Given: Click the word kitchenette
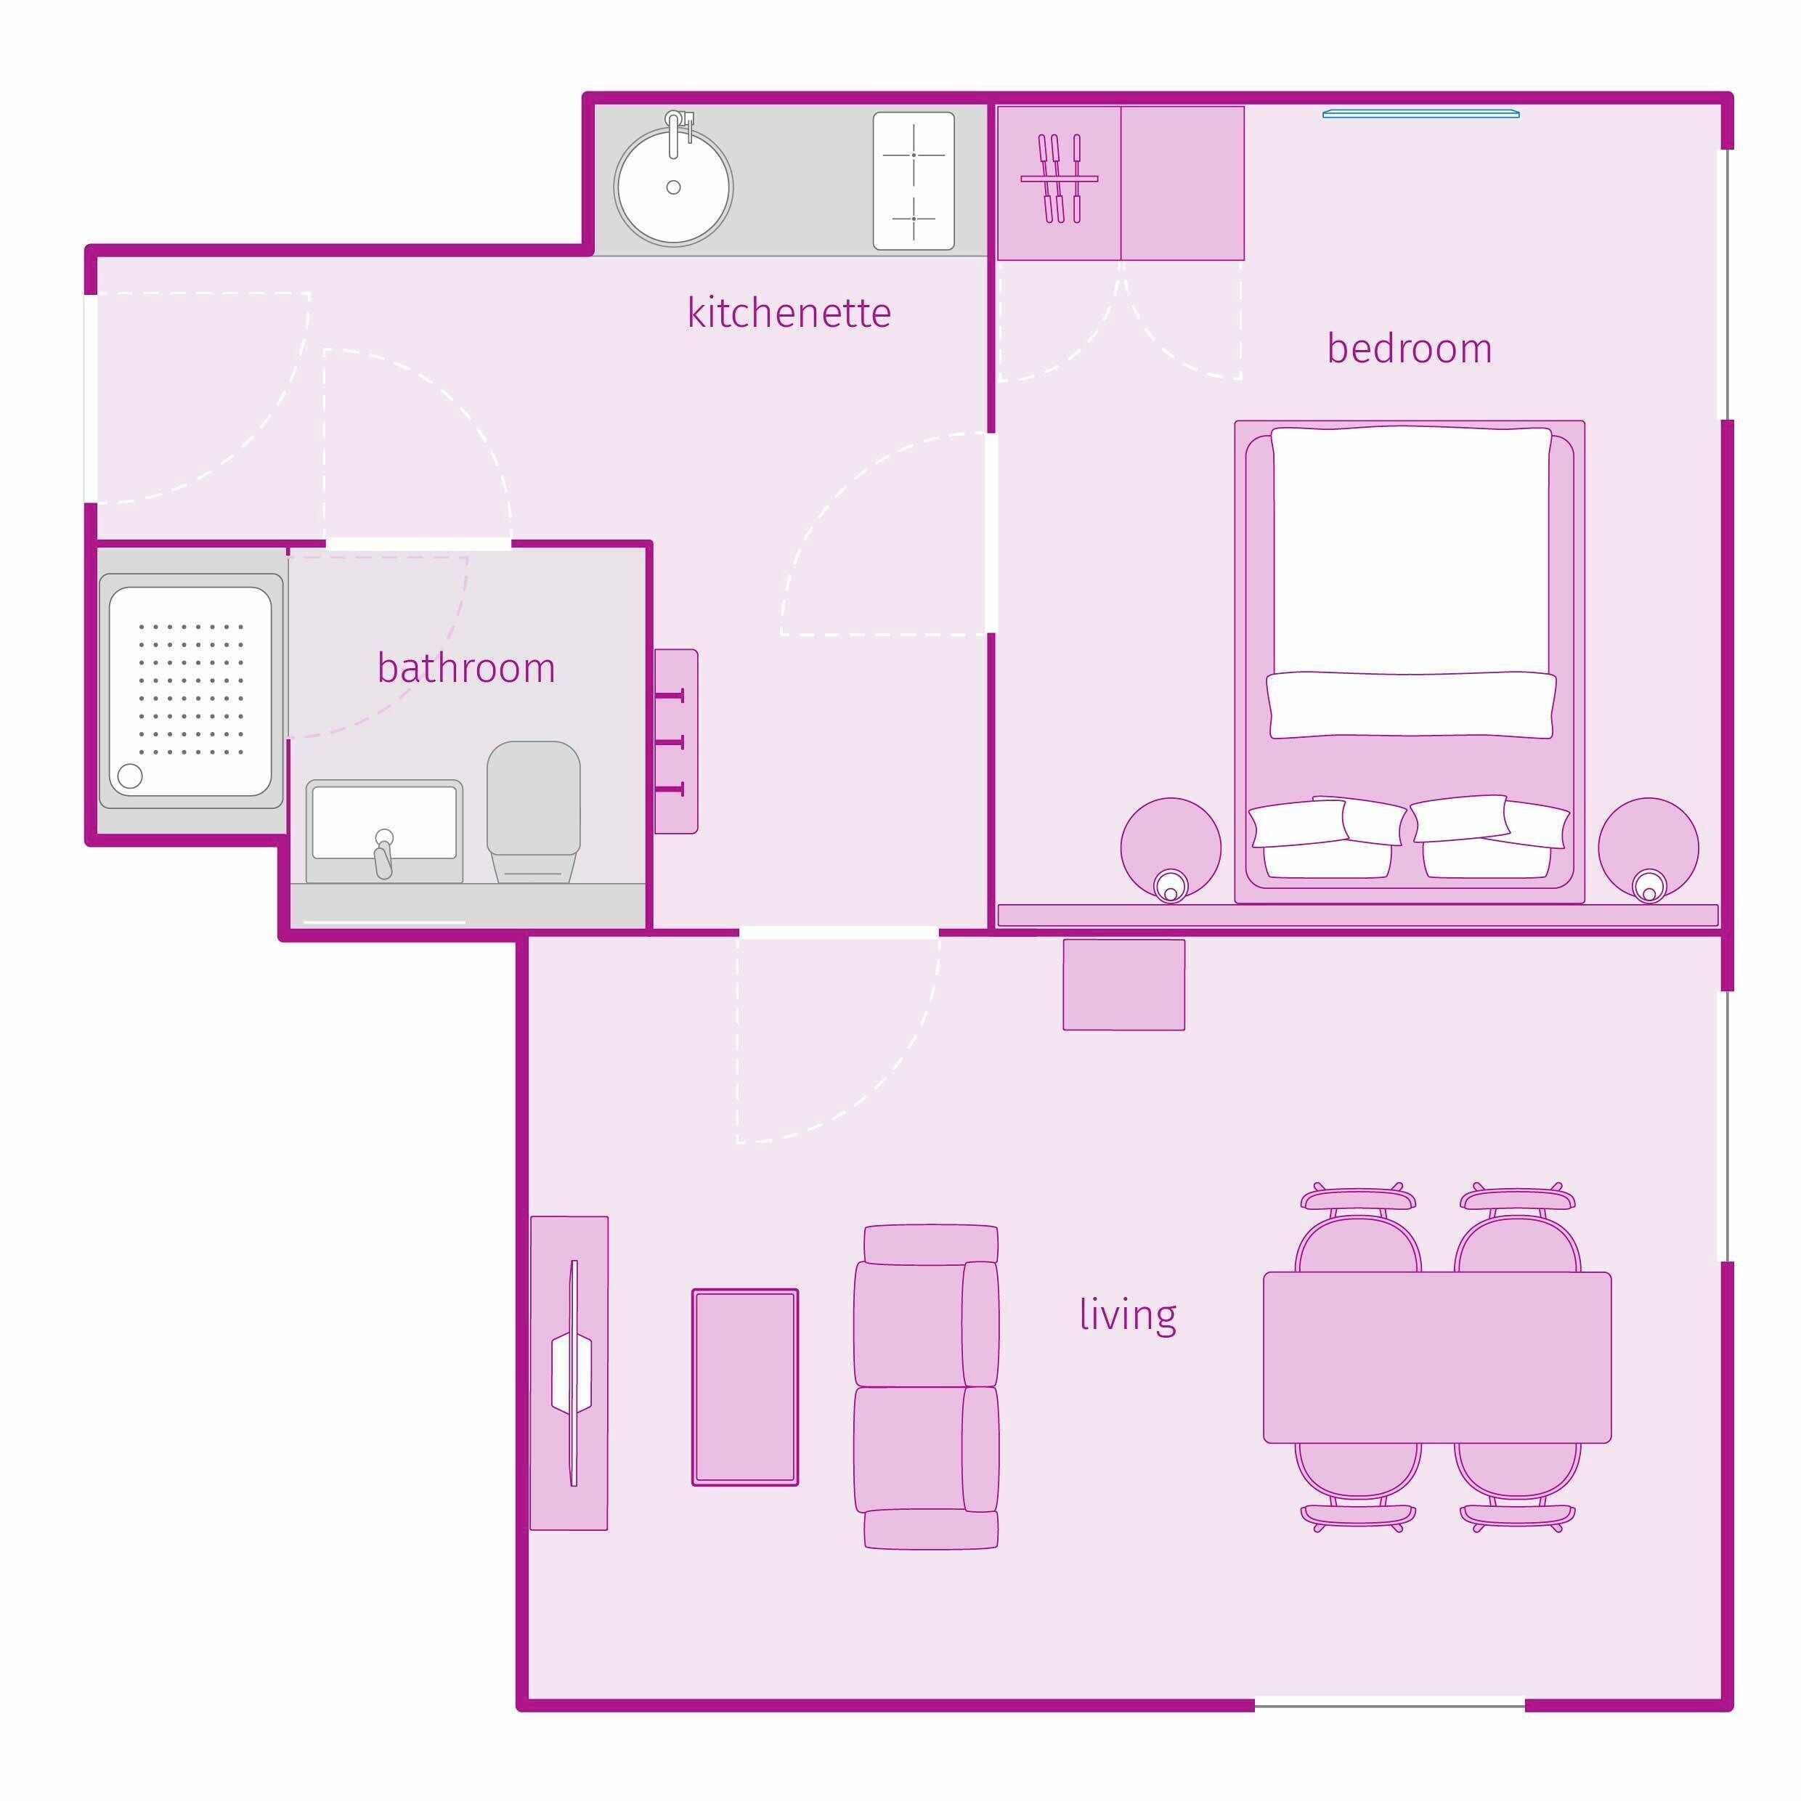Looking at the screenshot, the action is point(789,313).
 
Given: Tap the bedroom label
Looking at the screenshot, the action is point(1409,349).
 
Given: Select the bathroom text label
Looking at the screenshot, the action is point(466,667).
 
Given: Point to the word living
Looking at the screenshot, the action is point(1128,1315).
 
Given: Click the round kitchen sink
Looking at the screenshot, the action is point(673,187).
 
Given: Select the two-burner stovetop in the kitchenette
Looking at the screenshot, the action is point(914,181).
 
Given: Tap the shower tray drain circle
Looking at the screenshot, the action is point(129,776).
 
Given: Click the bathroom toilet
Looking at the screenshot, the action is point(533,811).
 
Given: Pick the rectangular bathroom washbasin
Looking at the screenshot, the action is point(384,831).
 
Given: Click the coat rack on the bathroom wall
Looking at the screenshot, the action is point(676,741).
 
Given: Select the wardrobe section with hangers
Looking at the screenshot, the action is point(1059,183).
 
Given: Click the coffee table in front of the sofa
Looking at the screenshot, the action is point(745,1387).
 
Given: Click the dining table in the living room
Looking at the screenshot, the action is point(1436,1357).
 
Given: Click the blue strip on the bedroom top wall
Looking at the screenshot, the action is point(1420,114).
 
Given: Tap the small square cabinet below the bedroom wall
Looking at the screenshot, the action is point(1123,985).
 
